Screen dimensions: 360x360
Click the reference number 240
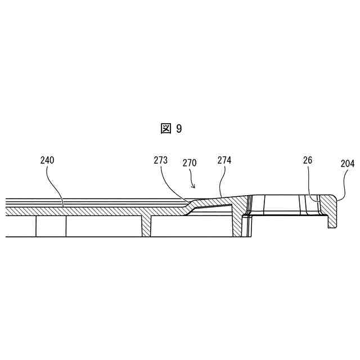(47, 160)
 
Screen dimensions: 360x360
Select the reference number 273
(160, 160)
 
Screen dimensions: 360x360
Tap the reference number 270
(190, 164)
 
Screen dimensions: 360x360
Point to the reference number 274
(224, 160)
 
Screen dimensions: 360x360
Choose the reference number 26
(307, 160)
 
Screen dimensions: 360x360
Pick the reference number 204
(348, 164)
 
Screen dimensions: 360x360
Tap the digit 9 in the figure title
(179, 129)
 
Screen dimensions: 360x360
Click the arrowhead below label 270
(194, 186)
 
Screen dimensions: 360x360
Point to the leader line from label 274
(222, 180)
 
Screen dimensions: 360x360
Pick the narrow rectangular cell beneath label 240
(51, 226)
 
